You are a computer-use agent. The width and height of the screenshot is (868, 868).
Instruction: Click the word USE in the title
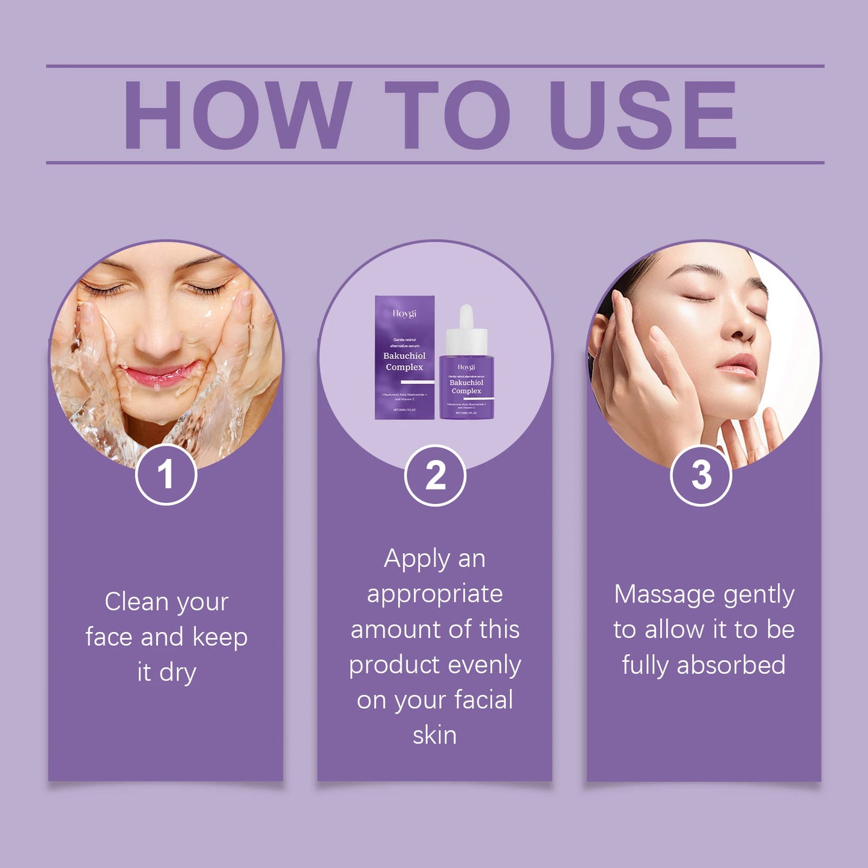(x=642, y=115)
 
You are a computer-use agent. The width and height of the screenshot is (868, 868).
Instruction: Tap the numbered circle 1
(x=166, y=475)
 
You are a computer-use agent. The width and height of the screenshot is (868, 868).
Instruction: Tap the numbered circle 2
(x=435, y=475)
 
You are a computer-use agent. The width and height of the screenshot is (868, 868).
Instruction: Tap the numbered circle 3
(x=700, y=475)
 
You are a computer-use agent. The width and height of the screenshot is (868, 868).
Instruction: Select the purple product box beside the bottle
(x=404, y=357)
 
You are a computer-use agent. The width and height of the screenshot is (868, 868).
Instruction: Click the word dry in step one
(x=178, y=673)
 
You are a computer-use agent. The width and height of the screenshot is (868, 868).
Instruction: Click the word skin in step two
(x=434, y=735)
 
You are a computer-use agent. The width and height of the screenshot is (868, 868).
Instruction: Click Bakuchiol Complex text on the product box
(x=404, y=362)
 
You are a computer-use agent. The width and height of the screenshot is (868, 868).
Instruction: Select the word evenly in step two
(x=484, y=666)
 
